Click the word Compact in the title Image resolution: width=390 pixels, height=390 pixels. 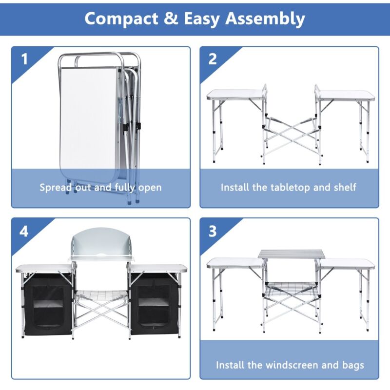[x=121, y=19]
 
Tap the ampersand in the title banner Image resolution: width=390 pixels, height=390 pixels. [x=171, y=19]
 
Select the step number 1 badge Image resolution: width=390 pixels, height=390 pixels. [x=24, y=59]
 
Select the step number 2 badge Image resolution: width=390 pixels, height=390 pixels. [x=213, y=59]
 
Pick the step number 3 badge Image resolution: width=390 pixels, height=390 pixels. [x=213, y=231]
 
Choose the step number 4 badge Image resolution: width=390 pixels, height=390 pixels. [x=24, y=231]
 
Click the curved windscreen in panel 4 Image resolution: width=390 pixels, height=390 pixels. [x=102, y=244]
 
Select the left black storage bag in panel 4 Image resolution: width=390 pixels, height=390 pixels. [x=47, y=304]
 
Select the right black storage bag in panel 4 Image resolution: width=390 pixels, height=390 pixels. [x=155, y=304]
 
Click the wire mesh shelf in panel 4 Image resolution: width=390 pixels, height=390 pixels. [x=101, y=295]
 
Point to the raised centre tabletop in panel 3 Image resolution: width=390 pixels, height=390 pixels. [x=292, y=254]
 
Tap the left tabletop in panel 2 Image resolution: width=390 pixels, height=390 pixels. [x=235, y=95]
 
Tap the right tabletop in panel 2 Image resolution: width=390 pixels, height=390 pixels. [x=346, y=95]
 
